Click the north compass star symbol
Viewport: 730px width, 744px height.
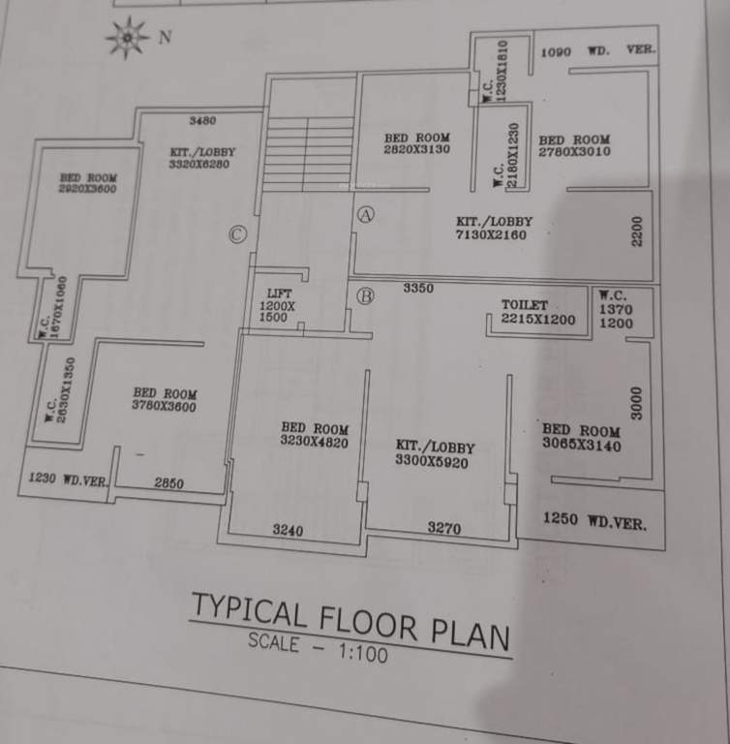[126, 39]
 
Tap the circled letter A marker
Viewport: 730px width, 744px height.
[365, 215]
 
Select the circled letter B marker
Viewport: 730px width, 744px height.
[365, 296]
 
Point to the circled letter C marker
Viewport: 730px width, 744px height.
[238, 233]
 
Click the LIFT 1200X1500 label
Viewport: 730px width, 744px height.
[279, 305]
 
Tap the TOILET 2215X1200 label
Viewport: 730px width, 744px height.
[537, 312]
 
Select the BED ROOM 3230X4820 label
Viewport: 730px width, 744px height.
[315, 435]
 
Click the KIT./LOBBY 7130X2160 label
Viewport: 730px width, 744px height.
[494, 228]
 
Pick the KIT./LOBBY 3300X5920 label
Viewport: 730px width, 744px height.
[436, 453]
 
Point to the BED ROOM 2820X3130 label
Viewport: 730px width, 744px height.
[416, 143]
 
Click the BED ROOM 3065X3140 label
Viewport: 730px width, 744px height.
[581, 438]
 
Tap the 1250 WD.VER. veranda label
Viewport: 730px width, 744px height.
[594, 520]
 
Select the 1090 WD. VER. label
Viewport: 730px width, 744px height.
[597, 49]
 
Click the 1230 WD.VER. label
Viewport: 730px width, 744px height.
[68, 479]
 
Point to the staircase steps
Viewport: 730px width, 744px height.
[309, 152]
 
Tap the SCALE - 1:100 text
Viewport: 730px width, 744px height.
[318, 646]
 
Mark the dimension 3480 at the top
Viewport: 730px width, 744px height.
[202, 121]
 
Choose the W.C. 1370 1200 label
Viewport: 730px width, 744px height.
[616, 309]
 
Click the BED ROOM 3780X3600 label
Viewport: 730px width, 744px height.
[165, 400]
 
